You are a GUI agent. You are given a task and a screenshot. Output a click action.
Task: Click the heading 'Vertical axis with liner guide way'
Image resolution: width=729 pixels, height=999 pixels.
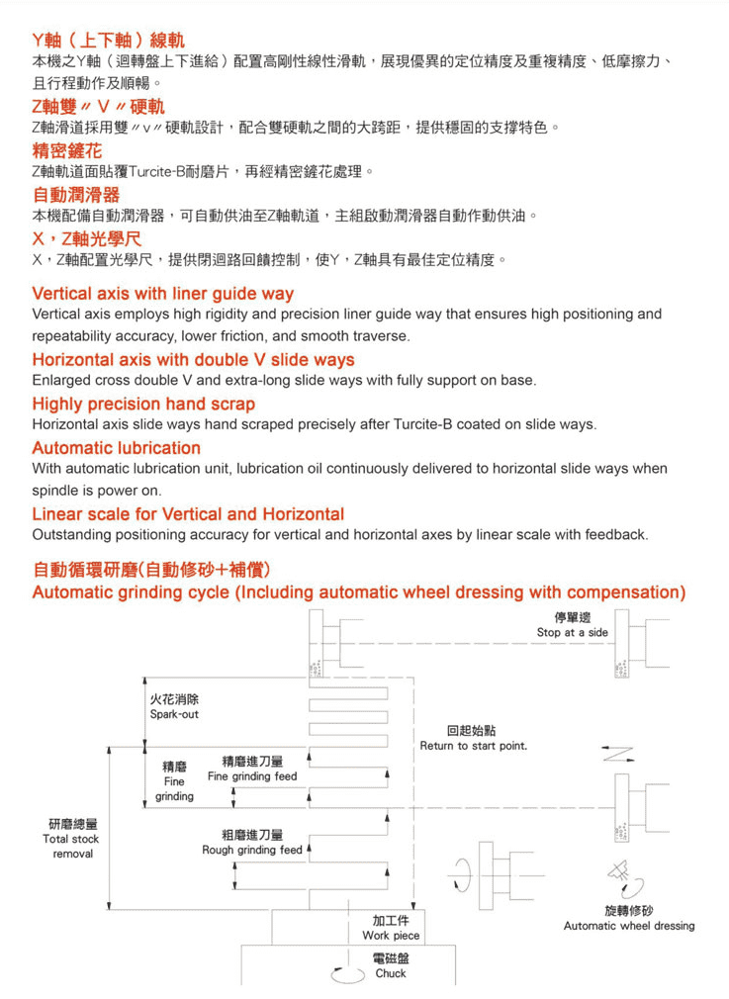pos(163,294)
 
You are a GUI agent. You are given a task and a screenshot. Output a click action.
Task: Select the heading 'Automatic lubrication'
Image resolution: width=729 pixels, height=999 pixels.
pos(117,448)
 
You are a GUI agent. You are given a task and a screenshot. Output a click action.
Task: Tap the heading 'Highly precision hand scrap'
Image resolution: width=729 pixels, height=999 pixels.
pos(143,404)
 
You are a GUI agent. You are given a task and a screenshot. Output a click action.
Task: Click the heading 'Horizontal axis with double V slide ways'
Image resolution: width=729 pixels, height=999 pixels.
pos(193,359)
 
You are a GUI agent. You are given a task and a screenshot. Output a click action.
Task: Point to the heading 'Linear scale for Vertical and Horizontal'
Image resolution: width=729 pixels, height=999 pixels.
pos(188,514)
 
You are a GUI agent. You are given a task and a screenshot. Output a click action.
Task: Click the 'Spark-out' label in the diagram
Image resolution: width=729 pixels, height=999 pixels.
pos(174,714)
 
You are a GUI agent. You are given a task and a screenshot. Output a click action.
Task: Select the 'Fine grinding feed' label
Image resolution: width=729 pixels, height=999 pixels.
pos(252,776)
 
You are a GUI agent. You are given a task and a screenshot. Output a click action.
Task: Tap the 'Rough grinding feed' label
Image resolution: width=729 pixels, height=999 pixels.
pos(252,850)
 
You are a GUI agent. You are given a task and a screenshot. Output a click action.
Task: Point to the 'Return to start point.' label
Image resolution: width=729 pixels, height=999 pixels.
pos(473,745)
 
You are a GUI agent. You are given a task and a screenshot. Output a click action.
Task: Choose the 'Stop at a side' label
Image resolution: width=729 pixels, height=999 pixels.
pos(573,632)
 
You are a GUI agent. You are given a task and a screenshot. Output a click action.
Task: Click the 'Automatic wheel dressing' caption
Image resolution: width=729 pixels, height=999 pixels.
pos(629,926)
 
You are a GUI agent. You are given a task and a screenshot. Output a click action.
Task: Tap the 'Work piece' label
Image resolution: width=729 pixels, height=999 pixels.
pos(391,935)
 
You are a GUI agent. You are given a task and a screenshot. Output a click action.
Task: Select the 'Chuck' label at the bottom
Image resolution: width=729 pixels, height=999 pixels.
pos(391,973)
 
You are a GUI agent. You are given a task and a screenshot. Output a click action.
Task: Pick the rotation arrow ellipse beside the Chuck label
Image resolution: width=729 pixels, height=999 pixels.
pos(346,973)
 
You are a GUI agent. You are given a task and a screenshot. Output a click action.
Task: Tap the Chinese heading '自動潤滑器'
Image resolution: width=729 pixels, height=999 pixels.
pos(76,194)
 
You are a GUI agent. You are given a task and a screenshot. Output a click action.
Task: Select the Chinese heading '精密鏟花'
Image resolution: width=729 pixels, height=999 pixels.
pos(67,150)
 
